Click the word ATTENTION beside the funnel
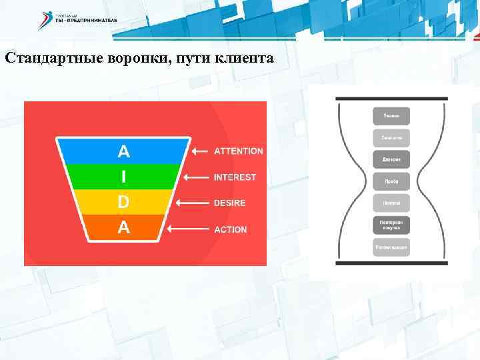click(x=238, y=151)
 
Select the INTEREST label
click(x=235, y=177)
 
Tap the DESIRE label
click(x=229, y=203)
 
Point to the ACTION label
click(x=230, y=229)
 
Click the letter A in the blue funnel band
click(x=123, y=151)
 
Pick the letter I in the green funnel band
click(x=123, y=177)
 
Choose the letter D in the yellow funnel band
click(x=123, y=202)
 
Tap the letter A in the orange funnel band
click(x=123, y=228)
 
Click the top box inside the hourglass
click(x=391, y=115)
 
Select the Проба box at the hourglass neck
click(x=391, y=181)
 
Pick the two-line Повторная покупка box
click(x=391, y=225)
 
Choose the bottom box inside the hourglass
click(x=391, y=247)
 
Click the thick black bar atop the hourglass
click(x=391, y=99)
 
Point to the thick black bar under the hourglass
click(x=391, y=263)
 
